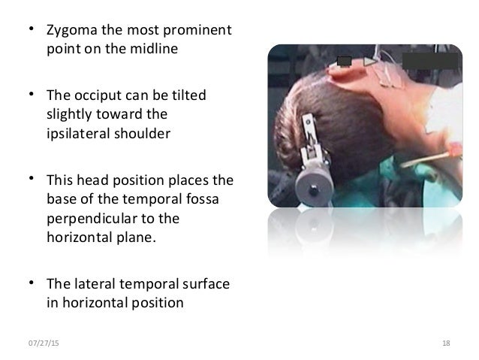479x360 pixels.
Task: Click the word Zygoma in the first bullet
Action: (68, 32)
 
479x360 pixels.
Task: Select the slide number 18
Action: (446, 343)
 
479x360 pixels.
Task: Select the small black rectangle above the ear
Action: (345, 61)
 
